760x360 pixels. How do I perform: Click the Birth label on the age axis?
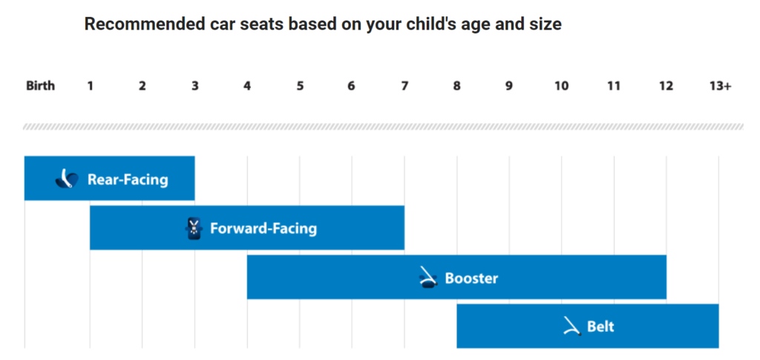point(40,86)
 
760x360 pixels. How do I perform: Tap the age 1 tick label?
point(90,86)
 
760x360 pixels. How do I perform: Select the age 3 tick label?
point(194,86)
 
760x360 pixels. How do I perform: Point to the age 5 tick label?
point(300,86)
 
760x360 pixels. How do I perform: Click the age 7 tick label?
point(404,86)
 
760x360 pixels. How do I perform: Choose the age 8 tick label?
point(456,86)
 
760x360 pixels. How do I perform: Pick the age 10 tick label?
point(561,86)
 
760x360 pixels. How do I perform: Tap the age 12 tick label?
point(666,86)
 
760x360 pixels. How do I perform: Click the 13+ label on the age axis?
point(720,86)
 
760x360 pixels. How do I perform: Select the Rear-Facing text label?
point(128,180)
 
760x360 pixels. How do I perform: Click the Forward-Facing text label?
point(263,229)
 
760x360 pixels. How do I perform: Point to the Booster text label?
point(471,279)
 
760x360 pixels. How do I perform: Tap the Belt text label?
point(600,327)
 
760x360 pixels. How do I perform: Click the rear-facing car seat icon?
point(67,179)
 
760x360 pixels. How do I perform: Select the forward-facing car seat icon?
point(193,229)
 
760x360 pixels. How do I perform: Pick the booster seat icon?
point(428,278)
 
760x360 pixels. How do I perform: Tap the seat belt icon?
point(571,327)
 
